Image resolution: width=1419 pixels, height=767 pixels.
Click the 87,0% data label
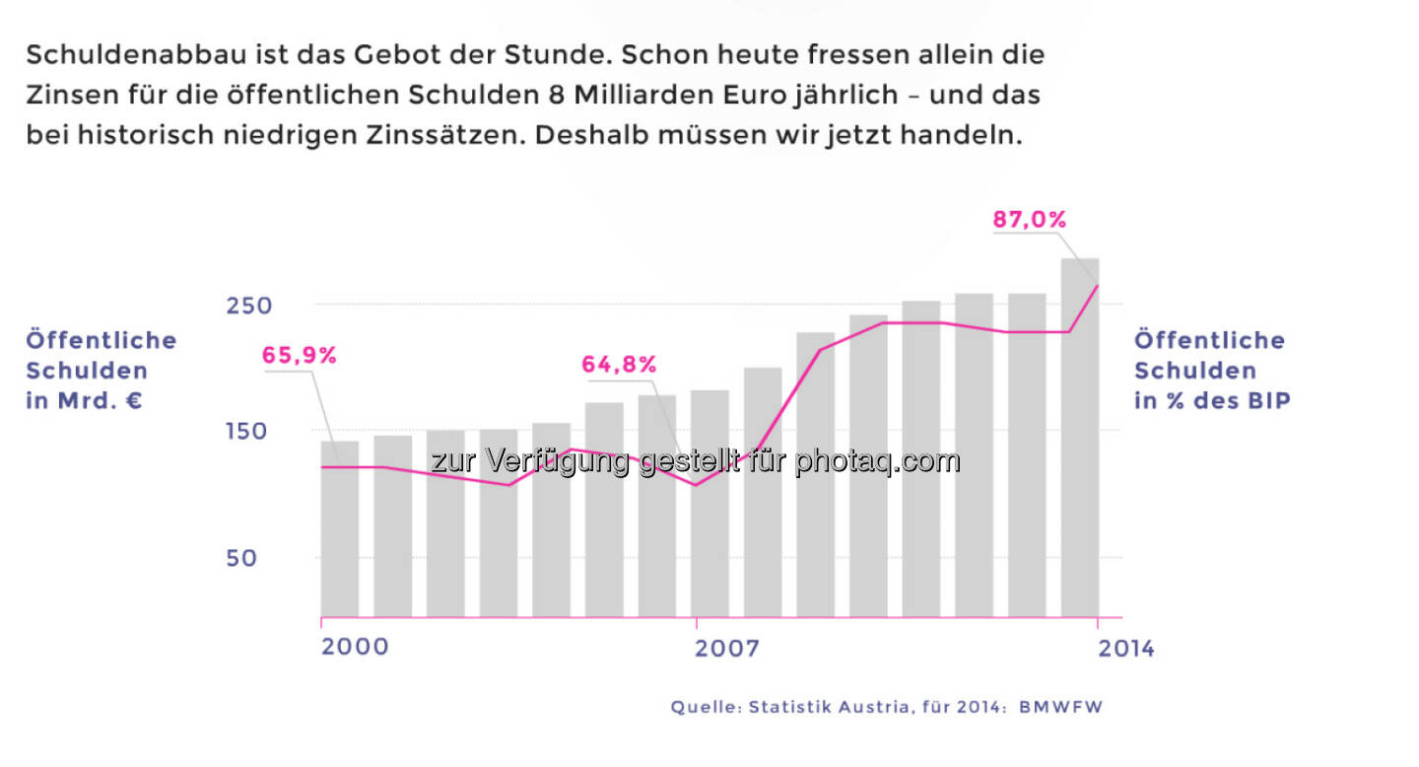[x=1029, y=220]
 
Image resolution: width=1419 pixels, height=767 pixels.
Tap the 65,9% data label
[x=300, y=356]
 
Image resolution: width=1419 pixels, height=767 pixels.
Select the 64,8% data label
[x=619, y=365]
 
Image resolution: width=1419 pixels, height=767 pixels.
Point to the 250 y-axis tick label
[x=248, y=306]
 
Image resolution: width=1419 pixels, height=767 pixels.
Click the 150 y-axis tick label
[x=248, y=432]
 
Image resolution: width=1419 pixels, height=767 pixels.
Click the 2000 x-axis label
[x=355, y=648]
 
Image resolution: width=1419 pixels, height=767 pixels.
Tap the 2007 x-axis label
[x=727, y=649]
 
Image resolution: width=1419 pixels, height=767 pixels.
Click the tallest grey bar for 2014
[x=1080, y=444]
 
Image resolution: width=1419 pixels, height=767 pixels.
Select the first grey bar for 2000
[x=340, y=532]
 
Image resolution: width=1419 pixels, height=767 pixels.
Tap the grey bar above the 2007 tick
[x=709, y=513]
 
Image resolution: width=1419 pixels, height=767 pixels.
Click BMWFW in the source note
[x=1062, y=707]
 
